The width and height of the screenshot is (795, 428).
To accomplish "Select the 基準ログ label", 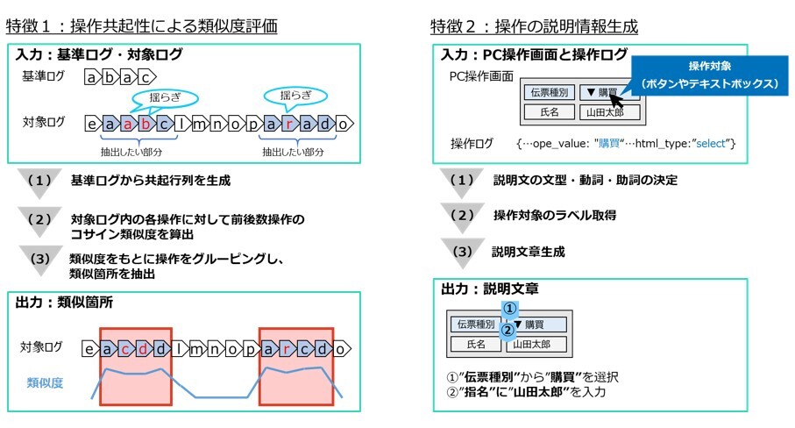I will [43, 77].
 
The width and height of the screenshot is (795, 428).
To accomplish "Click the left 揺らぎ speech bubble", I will [164, 96].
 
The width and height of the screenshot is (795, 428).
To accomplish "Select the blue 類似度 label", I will [43, 382].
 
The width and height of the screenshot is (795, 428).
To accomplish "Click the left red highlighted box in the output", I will [135, 365].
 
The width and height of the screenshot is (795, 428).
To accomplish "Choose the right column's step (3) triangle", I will [462, 252].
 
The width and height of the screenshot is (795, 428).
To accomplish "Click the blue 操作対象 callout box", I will [709, 75].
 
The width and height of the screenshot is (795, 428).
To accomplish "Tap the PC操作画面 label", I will [481, 76].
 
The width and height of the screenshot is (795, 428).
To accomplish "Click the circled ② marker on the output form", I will [506, 331].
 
